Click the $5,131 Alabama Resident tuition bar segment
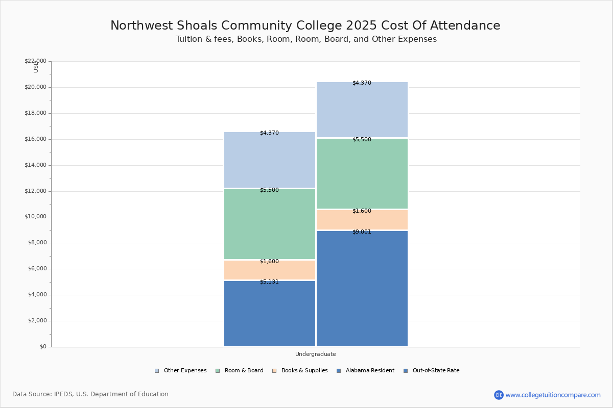coord(270,314)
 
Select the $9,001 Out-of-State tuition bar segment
coord(362,289)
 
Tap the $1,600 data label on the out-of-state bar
coord(362,211)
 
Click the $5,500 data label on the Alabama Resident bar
coord(269,190)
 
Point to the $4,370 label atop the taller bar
coord(362,83)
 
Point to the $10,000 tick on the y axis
coord(35,217)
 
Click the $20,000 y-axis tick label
coord(35,87)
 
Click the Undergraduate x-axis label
coord(315,354)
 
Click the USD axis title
coord(36,67)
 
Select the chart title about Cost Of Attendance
coord(305,26)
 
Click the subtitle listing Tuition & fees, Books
coord(306,39)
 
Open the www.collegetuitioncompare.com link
coord(553,395)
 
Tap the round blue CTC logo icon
coord(499,395)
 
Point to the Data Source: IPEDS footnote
coord(90,394)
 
